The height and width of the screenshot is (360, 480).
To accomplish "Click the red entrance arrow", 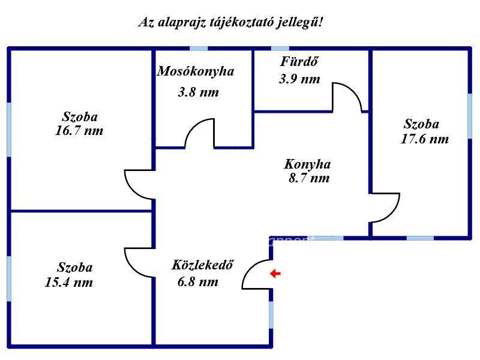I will tap(275, 274).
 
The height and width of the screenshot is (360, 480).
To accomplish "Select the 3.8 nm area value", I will tap(198, 92).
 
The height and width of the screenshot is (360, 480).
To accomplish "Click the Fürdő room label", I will tap(298, 61).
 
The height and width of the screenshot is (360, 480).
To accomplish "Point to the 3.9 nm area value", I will tap(299, 79).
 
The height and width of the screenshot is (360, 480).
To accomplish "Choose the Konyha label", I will tap(307, 164).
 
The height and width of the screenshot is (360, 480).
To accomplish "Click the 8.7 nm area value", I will tap(308, 178).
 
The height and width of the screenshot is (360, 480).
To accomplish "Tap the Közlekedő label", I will tap(202, 265).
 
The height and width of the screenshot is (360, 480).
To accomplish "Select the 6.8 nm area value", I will tap(197, 282).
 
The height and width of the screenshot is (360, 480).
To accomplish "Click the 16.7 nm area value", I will tap(79, 131).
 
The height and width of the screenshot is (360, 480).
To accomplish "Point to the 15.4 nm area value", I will tap(69, 283).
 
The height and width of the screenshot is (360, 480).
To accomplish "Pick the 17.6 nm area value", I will tap(424, 139).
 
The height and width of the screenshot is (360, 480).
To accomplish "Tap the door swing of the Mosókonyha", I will tap(199, 133).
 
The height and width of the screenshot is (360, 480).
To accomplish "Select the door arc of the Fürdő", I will tap(347, 96).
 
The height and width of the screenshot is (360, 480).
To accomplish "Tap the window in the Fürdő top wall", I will tap(280, 48).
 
